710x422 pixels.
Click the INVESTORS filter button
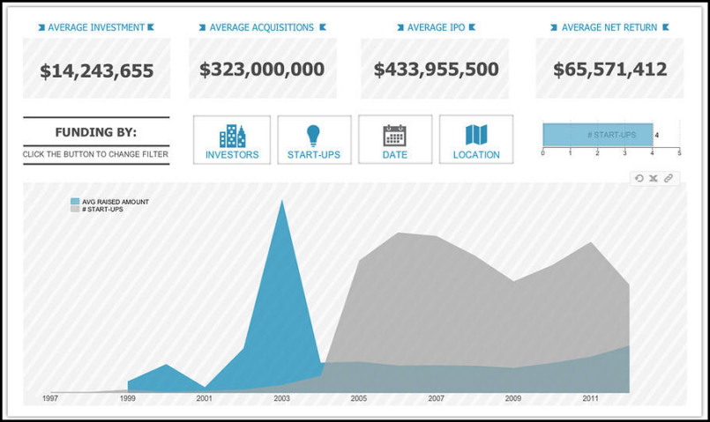point(232,140)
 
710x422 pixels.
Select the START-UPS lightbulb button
point(314,140)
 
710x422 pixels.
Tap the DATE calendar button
point(395,139)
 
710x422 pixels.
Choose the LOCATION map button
point(476,139)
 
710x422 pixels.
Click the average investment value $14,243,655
point(97,71)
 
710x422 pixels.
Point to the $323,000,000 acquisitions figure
point(262,70)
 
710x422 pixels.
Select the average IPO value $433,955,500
point(436,70)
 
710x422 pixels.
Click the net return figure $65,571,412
point(610,70)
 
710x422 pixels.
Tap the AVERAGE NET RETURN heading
point(609,27)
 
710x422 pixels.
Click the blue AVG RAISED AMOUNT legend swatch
point(75,201)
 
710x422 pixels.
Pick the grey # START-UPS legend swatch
point(75,209)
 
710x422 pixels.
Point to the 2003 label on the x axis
point(281,398)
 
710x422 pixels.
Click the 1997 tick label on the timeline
point(50,398)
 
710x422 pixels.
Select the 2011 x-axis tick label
point(590,398)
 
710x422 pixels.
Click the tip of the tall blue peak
point(282,200)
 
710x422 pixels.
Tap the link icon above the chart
point(669,178)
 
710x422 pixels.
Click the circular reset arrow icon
point(639,178)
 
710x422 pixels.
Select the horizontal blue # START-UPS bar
point(598,135)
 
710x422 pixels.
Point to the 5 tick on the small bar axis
point(679,153)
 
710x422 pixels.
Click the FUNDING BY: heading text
point(96,132)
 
